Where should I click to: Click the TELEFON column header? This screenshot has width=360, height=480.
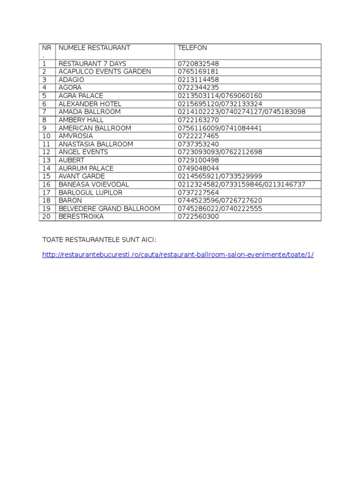(192, 48)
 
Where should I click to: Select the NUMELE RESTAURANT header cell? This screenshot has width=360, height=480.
(94, 48)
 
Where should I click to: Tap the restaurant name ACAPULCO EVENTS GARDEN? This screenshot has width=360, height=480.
(105, 72)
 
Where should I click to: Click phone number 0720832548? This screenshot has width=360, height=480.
(198, 64)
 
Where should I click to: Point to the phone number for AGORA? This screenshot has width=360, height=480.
(198, 88)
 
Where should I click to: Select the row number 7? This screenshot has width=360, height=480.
(45, 112)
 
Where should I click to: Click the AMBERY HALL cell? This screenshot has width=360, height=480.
(81, 120)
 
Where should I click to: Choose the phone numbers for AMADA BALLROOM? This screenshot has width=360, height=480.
(241, 112)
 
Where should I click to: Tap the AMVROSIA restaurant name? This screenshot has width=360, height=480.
(75, 136)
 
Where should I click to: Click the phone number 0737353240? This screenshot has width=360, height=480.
(198, 144)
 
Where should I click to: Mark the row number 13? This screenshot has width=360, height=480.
(46, 160)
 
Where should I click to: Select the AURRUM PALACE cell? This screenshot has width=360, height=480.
(86, 168)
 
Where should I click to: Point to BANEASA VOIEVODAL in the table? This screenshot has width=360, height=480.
(93, 185)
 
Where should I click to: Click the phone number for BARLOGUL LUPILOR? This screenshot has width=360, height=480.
(198, 193)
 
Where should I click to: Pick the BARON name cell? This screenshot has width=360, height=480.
(70, 201)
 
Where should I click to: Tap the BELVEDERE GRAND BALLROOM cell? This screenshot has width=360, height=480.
(109, 209)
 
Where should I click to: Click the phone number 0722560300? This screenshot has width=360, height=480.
(198, 217)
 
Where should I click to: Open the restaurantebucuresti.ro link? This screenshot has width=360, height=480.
(178, 255)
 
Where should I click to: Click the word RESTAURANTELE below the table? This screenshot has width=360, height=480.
(98, 240)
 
